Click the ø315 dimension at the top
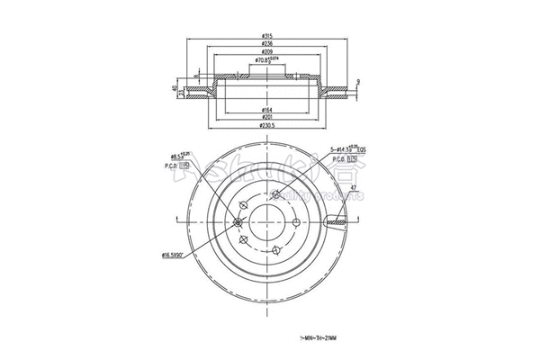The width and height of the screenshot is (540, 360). click(x=267, y=35)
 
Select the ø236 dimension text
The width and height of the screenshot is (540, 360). click(x=267, y=44)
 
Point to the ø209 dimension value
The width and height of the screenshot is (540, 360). click(x=267, y=53)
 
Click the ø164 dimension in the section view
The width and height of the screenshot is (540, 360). click(x=267, y=110)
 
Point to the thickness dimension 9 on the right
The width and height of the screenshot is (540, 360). click(x=358, y=83)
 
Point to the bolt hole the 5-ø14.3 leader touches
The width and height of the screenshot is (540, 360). click(x=274, y=193)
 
